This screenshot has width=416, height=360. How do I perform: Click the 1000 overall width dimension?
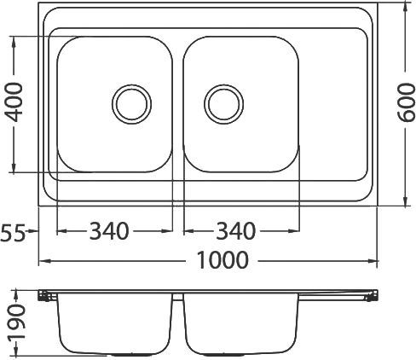tap(222, 260)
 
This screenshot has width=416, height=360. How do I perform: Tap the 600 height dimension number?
tap(406, 102)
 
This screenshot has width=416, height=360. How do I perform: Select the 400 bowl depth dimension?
tap(14, 102)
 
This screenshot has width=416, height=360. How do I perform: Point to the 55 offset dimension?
tap(13, 232)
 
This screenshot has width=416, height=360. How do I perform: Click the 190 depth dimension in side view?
tap(16, 322)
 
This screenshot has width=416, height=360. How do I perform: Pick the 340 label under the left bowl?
tap(109, 231)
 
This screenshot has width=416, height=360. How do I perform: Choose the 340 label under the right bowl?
tap(236, 231)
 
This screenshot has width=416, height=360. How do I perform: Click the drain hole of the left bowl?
tap(131, 104)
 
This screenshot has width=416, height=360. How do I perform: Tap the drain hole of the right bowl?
tap(223, 104)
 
